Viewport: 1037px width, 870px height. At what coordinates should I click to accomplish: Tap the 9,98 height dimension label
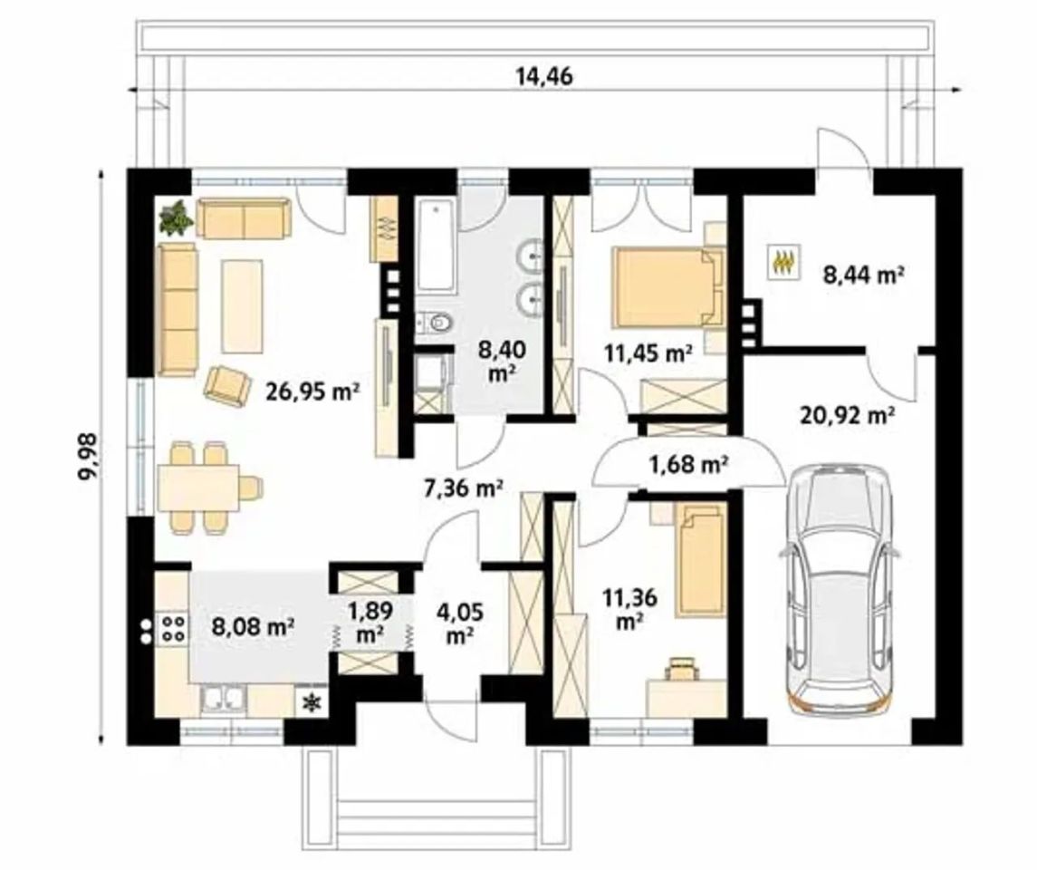coord(88,456)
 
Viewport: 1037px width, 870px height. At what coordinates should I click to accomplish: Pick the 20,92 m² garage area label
coord(847,415)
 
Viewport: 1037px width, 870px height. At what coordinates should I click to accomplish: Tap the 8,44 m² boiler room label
coord(863,274)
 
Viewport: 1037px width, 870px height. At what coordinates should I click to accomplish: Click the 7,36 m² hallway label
coord(464,488)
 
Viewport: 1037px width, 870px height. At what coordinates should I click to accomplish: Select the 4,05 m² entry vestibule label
coord(460,623)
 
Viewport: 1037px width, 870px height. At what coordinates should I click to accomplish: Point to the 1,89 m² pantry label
coord(370,622)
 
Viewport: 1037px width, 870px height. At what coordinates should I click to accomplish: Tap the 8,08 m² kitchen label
coord(253,625)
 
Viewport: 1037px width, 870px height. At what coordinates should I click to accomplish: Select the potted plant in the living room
coord(176,217)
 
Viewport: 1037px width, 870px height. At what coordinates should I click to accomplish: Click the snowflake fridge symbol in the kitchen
coord(309,702)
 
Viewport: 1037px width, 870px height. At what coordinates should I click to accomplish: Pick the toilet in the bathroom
coord(436,323)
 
